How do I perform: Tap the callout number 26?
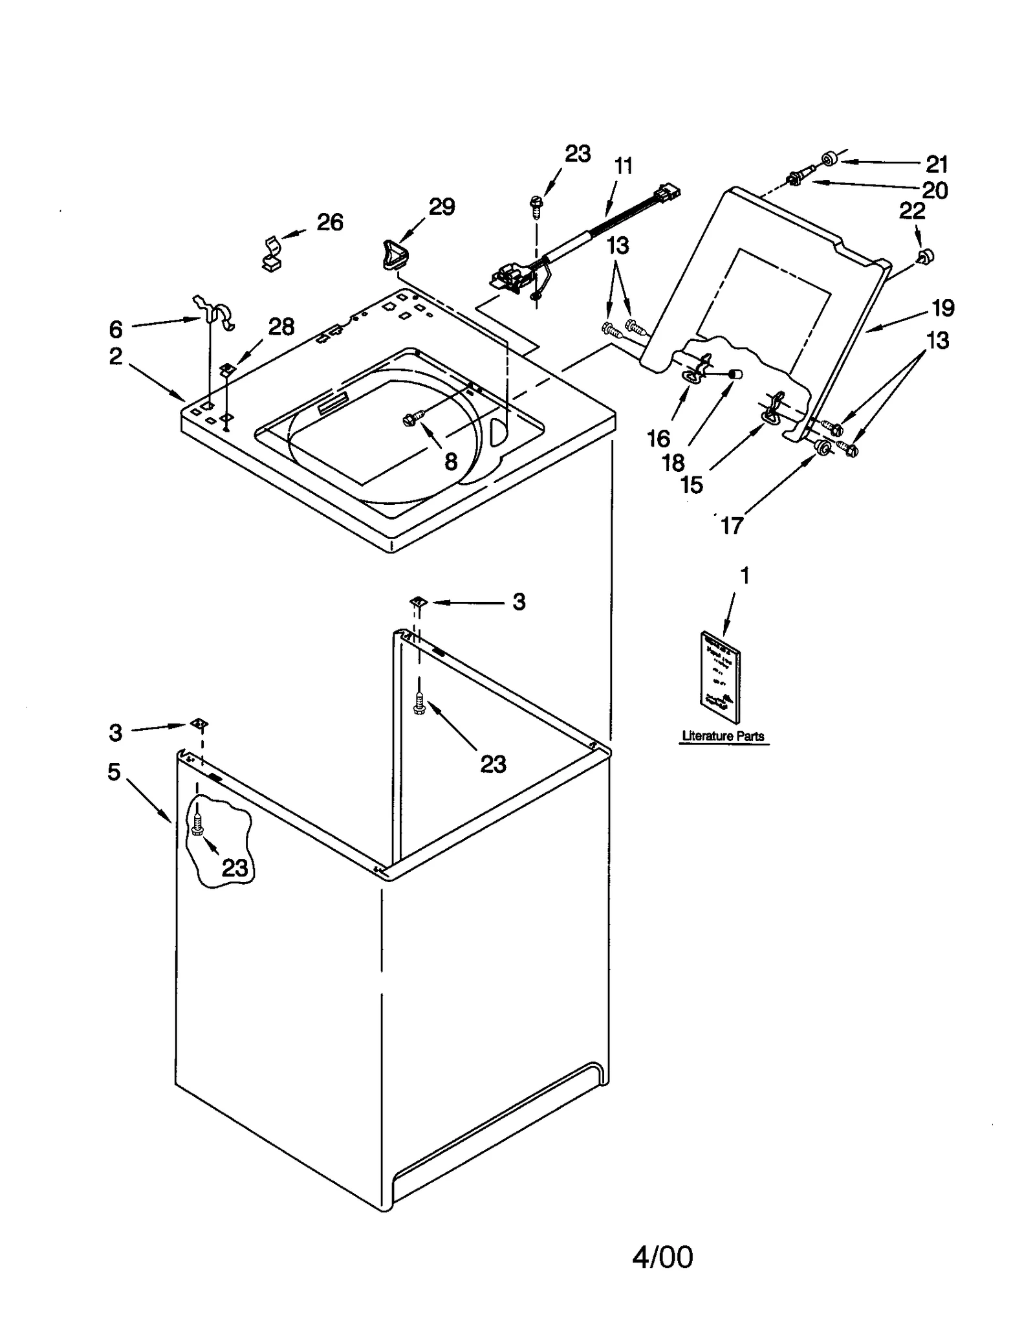[x=329, y=222]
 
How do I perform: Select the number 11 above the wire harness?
[x=623, y=166]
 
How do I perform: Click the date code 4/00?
[x=662, y=1257]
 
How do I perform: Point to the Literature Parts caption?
[x=723, y=736]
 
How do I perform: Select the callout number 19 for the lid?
[x=942, y=308]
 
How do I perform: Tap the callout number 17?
[x=732, y=526]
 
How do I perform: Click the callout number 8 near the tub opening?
[x=451, y=461]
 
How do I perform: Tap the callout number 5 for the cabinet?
[x=114, y=771]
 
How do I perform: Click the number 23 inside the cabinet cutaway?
[x=235, y=868]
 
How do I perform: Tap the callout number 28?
[x=281, y=327]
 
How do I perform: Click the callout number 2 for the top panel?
[x=115, y=355]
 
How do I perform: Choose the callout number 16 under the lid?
[x=659, y=439]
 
